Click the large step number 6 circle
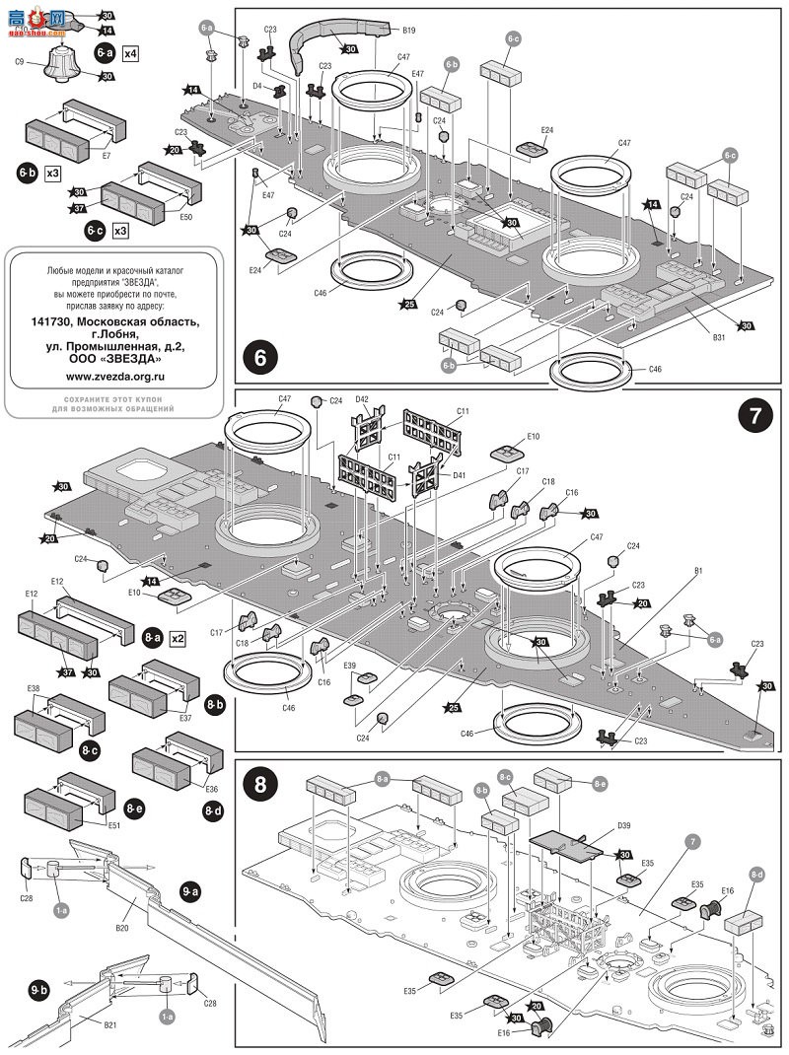pyautogui.click(x=261, y=357)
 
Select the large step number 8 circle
pyautogui.click(x=261, y=787)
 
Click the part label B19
pyautogui.click(x=408, y=31)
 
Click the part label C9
pyautogui.click(x=20, y=61)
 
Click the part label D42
pyautogui.click(x=362, y=398)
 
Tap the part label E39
pyautogui.click(x=349, y=666)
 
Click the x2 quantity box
pyautogui.click(x=179, y=638)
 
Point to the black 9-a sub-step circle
pyautogui.click(x=190, y=891)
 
